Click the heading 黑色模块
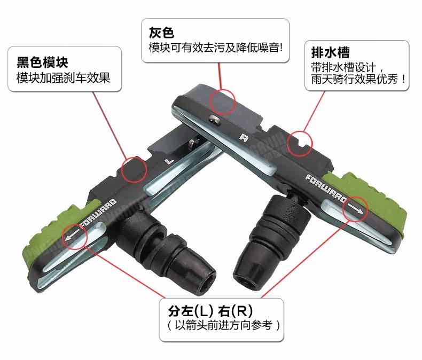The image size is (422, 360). coord(42,62)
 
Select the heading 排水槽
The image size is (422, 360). coord(330,53)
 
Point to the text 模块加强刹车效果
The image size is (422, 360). coord(63,78)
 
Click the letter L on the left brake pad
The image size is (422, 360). coord(169,160)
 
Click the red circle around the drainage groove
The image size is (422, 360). coord(300,142)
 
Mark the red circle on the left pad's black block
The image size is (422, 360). coord(134,170)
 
